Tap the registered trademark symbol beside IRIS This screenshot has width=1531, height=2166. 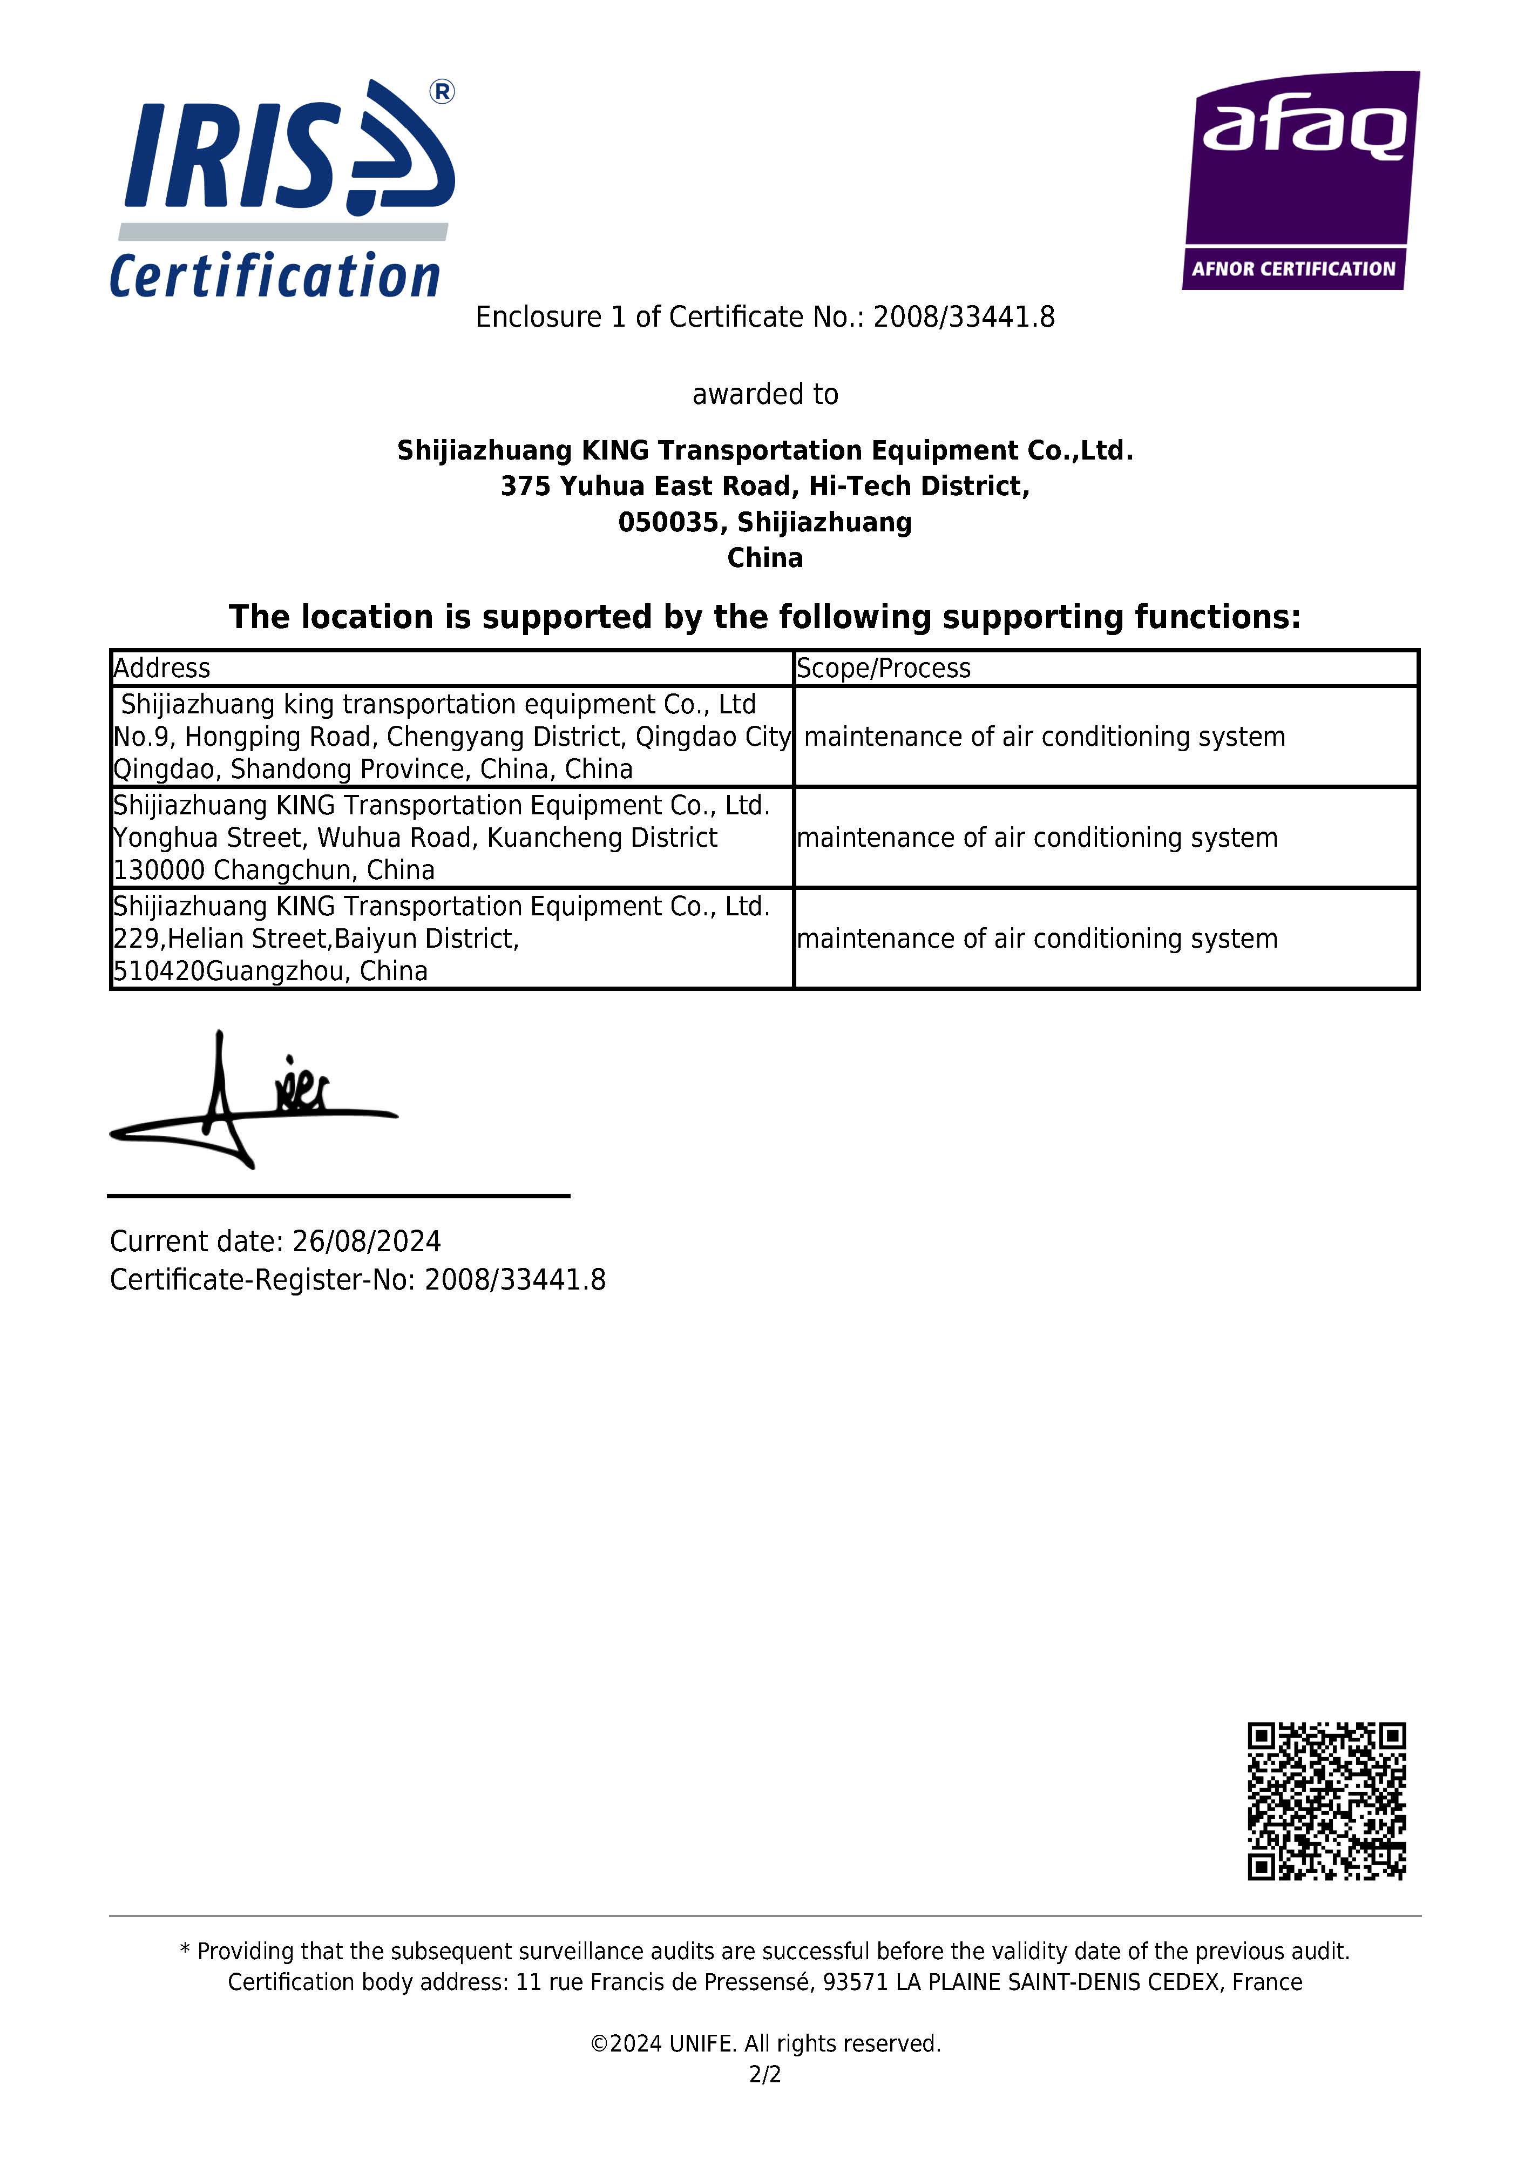[x=442, y=91]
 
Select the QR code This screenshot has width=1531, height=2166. [x=1326, y=1801]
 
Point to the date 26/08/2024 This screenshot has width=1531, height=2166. [x=366, y=1240]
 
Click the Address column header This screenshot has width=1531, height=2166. [x=161, y=668]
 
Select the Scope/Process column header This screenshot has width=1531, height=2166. [x=883, y=668]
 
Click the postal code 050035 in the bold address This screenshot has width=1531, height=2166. [x=667, y=522]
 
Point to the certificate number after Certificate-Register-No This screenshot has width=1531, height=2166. [x=515, y=1279]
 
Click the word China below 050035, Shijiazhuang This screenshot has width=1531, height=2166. [x=765, y=557]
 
